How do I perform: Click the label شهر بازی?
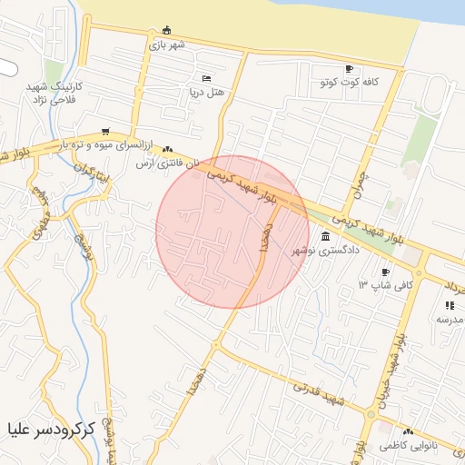pos(168,44)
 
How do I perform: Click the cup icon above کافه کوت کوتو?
pos(350,69)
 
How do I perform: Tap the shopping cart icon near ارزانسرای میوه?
pos(106,132)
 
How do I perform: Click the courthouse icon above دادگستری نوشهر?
pos(325,236)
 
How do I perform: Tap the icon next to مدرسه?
pos(449,305)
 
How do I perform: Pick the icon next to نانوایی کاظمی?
pos(408,432)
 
